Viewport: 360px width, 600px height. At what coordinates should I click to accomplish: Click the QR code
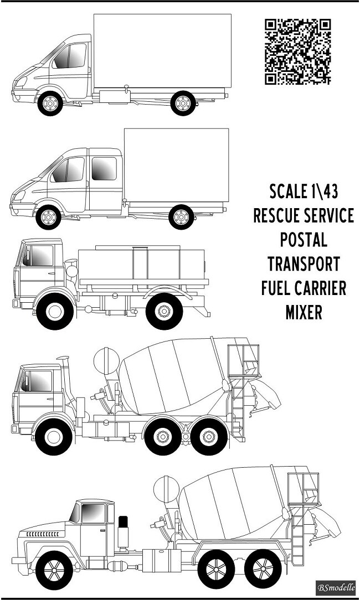coord(297,51)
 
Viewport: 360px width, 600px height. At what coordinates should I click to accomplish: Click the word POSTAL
coord(303,240)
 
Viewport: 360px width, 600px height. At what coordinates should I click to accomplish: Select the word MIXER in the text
coord(304,312)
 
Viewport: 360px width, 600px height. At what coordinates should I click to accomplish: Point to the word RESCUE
coord(277,216)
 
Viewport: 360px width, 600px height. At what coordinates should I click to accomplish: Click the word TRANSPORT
coord(303,264)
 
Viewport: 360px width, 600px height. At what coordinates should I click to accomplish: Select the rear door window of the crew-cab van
coord(104,168)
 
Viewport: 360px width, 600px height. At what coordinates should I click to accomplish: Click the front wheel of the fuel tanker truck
coord(54,311)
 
